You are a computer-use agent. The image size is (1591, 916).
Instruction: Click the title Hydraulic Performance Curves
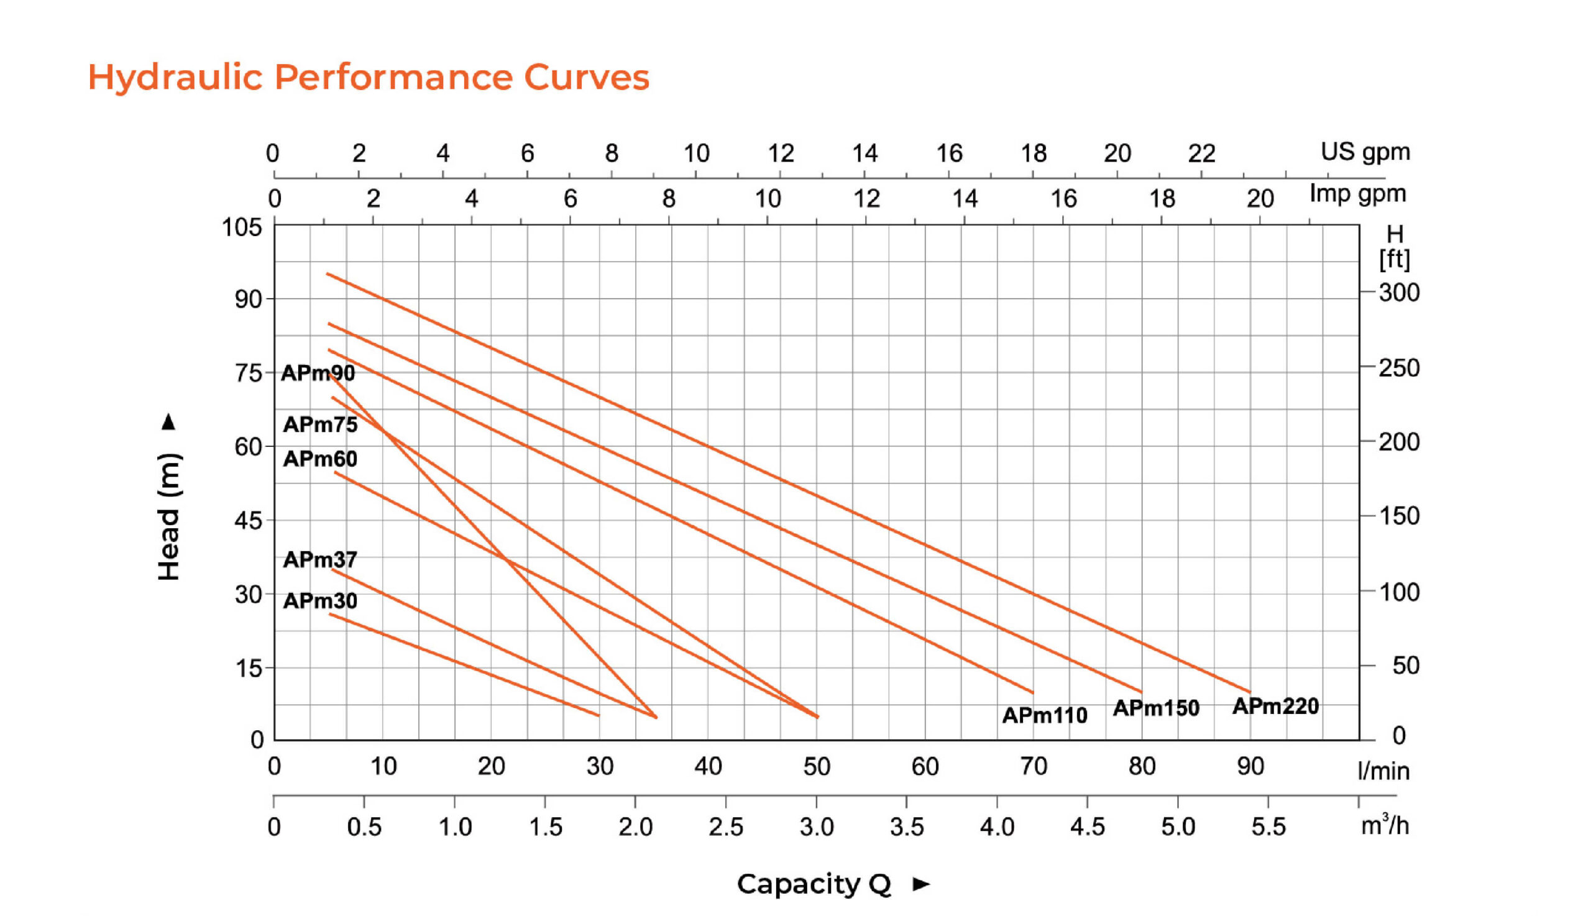click(368, 78)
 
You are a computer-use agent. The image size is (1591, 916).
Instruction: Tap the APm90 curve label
click(318, 373)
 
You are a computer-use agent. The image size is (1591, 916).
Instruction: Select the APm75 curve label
click(320, 424)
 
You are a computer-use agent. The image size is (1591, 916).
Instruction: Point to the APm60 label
click(320, 459)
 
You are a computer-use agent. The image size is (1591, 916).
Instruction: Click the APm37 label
click(320, 559)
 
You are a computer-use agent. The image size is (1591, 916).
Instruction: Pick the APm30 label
click(320, 601)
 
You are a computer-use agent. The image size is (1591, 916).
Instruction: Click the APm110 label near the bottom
click(1044, 715)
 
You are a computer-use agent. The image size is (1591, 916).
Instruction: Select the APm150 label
click(1156, 708)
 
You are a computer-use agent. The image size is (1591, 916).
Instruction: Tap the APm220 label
click(1275, 707)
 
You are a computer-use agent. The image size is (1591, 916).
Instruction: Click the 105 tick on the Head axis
click(242, 227)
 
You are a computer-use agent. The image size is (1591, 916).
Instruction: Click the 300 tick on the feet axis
click(1399, 293)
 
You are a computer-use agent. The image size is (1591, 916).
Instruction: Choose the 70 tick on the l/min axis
click(1033, 766)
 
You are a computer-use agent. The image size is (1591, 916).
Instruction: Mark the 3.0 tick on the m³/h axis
click(817, 827)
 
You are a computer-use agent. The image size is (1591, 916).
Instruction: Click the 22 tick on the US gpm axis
click(1201, 153)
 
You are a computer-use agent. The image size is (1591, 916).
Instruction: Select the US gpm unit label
click(1365, 152)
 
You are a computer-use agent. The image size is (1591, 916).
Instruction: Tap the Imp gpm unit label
click(1357, 194)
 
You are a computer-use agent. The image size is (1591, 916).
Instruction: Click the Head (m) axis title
click(168, 516)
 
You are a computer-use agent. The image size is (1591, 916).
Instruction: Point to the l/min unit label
click(1383, 771)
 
